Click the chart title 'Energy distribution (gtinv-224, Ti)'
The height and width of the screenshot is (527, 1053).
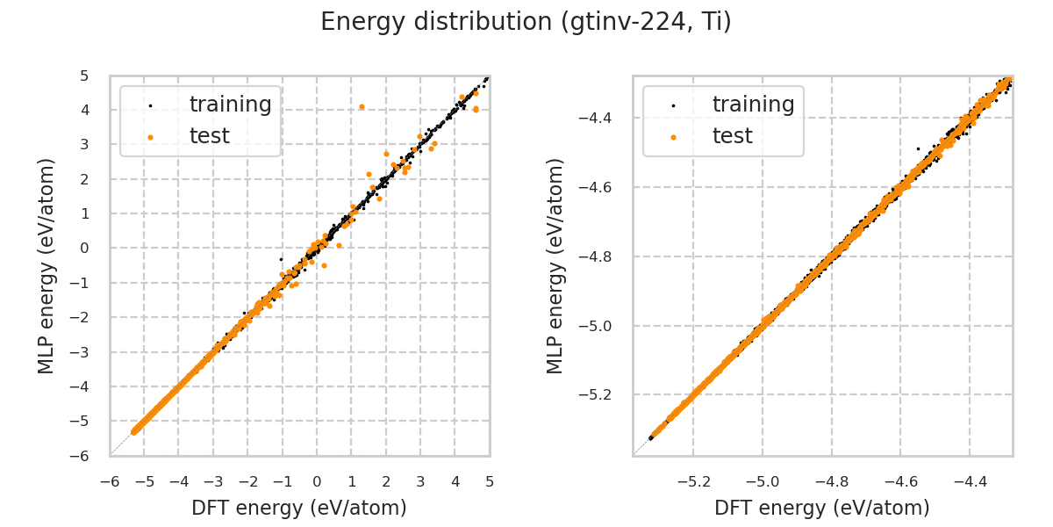tap(526, 22)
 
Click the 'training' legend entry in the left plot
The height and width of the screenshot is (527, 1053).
tap(230, 105)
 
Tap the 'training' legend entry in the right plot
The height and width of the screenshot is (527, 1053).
tap(753, 105)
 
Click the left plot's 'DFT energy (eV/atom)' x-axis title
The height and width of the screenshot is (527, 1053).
tap(299, 508)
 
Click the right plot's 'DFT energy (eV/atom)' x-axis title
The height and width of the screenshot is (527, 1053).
tap(822, 508)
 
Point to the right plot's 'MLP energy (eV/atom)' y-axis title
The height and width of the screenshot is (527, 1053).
tap(555, 265)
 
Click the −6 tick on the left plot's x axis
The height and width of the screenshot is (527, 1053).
tap(110, 482)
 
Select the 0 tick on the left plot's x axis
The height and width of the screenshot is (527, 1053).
tap(317, 482)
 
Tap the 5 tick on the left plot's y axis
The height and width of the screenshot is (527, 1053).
tap(84, 76)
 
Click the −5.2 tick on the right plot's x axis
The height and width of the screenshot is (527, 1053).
tap(692, 482)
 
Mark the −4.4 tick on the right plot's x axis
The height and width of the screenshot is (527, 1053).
tap(969, 482)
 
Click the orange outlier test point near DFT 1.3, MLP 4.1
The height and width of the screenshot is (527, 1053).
tap(362, 106)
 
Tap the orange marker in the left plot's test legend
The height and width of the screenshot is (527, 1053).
tap(150, 137)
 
